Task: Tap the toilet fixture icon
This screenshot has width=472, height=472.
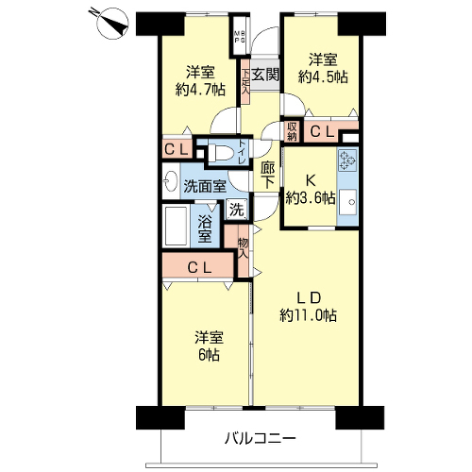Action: [222, 153]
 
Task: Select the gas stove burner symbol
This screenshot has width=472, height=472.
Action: [347, 160]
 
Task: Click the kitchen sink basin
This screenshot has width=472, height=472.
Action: [347, 202]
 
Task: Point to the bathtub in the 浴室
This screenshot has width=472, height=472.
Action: [177, 226]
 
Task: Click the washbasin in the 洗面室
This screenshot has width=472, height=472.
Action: [171, 181]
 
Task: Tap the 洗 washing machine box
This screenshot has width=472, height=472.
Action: [237, 210]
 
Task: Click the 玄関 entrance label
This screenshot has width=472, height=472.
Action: [265, 75]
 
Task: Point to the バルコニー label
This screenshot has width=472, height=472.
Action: [261, 438]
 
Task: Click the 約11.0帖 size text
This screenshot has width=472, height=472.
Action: [308, 315]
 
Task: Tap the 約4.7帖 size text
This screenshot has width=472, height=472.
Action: [200, 90]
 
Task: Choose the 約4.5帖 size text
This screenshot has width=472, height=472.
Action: [323, 76]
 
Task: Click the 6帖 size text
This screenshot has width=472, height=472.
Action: [209, 355]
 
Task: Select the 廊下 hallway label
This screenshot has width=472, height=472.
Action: [267, 175]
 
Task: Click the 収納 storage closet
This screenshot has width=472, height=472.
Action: [292, 131]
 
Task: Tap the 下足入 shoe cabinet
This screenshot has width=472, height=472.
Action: [245, 82]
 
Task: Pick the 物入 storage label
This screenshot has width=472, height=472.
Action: [244, 248]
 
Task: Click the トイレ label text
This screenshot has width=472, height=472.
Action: [243, 152]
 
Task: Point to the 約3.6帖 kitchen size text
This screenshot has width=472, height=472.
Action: [311, 198]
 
